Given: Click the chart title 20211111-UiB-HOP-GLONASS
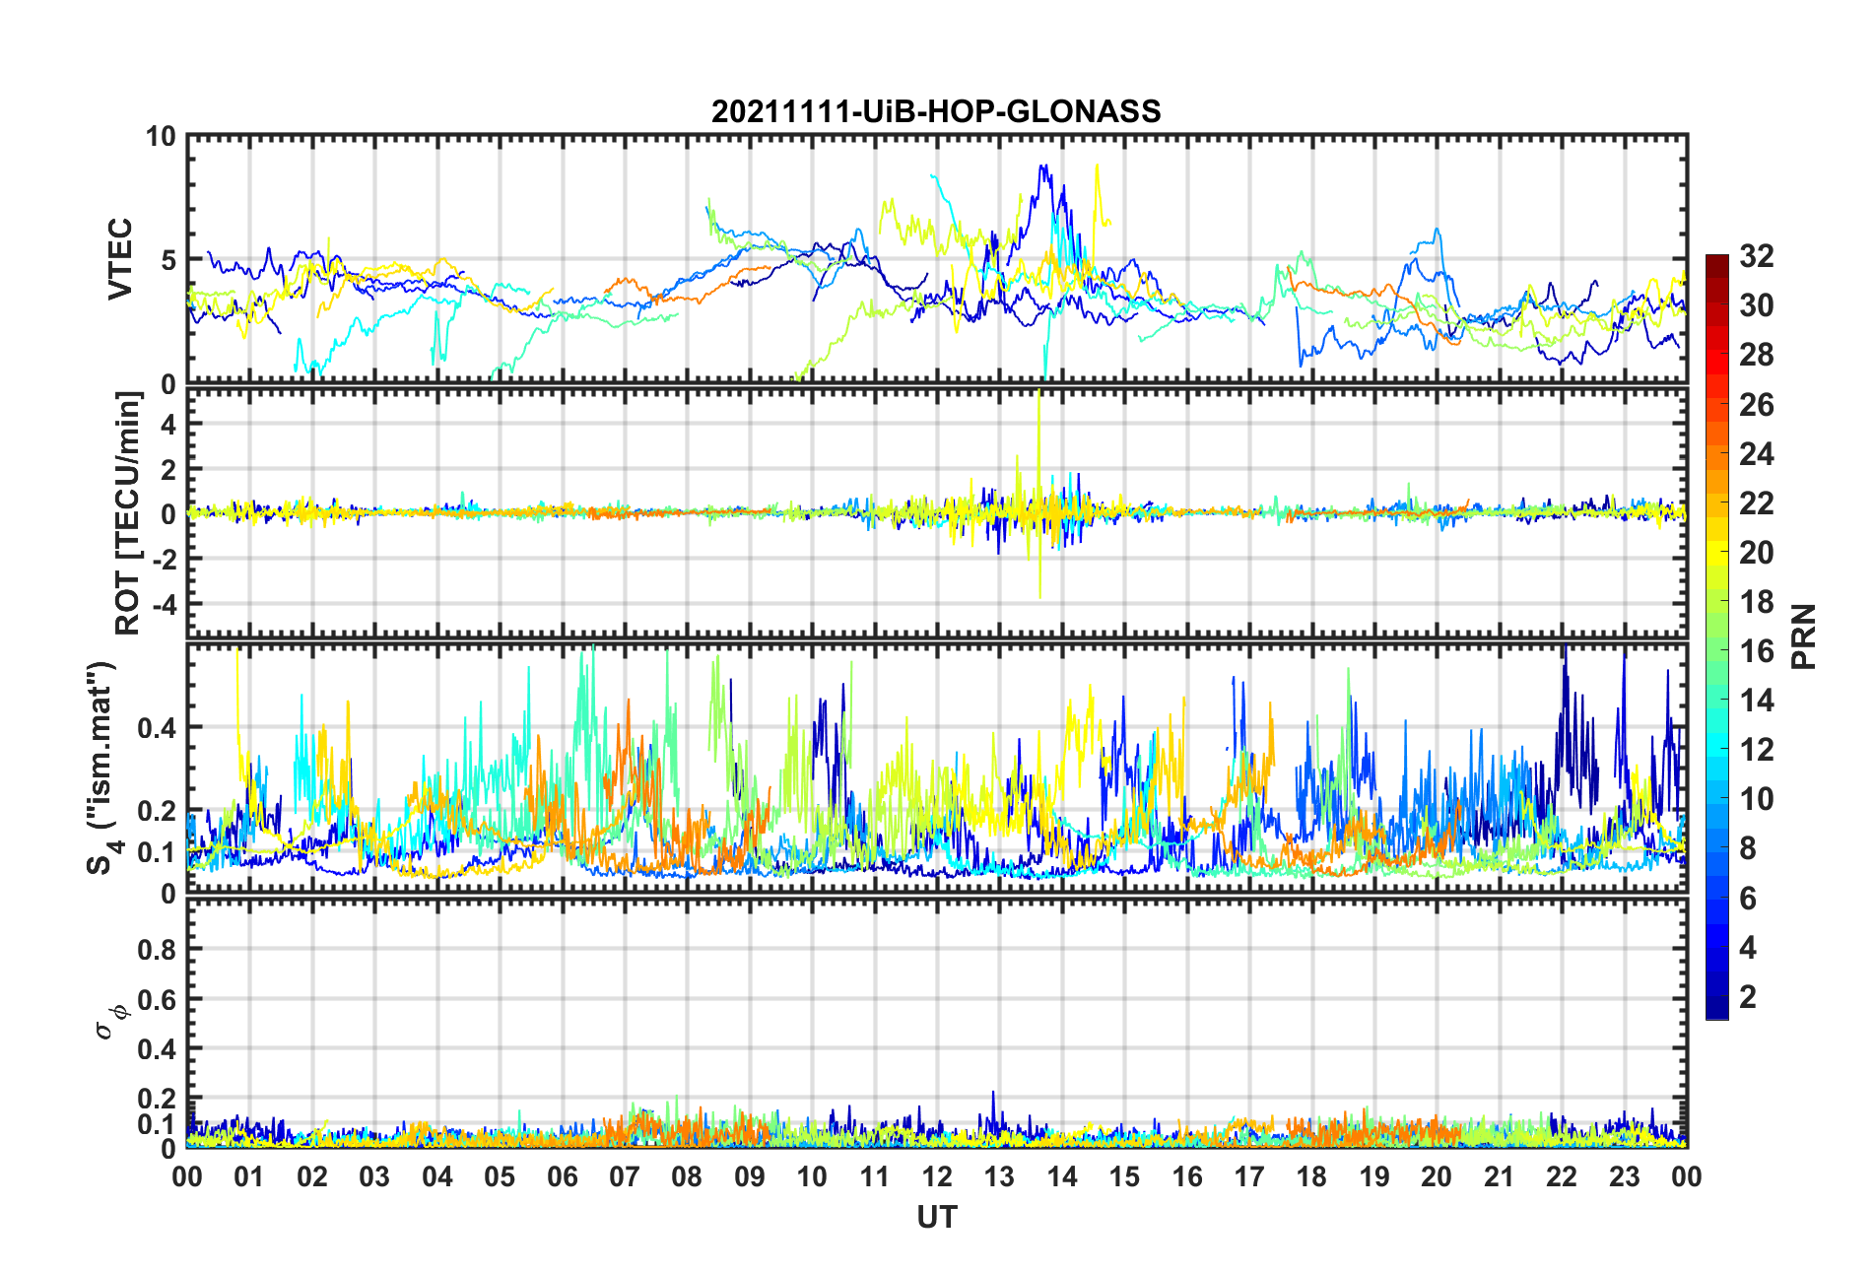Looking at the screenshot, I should [x=936, y=111].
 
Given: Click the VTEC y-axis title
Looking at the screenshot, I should [x=119, y=259].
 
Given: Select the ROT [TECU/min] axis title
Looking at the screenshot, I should [x=128, y=513].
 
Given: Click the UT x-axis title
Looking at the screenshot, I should [x=936, y=1218].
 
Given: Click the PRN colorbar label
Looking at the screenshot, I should [x=1804, y=636].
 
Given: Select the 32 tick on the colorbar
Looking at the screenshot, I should [x=1757, y=256].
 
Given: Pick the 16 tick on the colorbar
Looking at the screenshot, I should [x=1757, y=651].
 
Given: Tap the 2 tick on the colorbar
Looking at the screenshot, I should [x=1748, y=997].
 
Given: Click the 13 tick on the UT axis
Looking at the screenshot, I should [x=999, y=1177].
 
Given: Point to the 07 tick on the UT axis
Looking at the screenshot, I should [x=625, y=1177].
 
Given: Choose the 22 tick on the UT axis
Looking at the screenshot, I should [x=1562, y=1177].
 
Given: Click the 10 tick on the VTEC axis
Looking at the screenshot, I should [x=161, y=137].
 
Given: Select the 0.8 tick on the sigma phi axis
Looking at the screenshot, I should [x=158, y=950].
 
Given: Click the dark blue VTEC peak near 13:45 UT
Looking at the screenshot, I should [x=1042, y=167].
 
